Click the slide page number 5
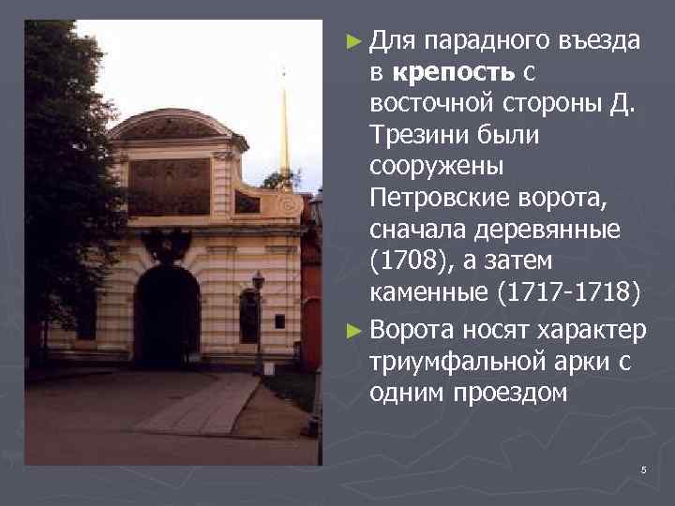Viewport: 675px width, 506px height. click(x=644, y=469)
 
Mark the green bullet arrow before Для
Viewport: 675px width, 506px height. click(x=352, y=41)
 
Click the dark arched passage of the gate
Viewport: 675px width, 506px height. click(x=167, y=314)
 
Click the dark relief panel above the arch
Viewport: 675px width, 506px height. click(x=169, y=186)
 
